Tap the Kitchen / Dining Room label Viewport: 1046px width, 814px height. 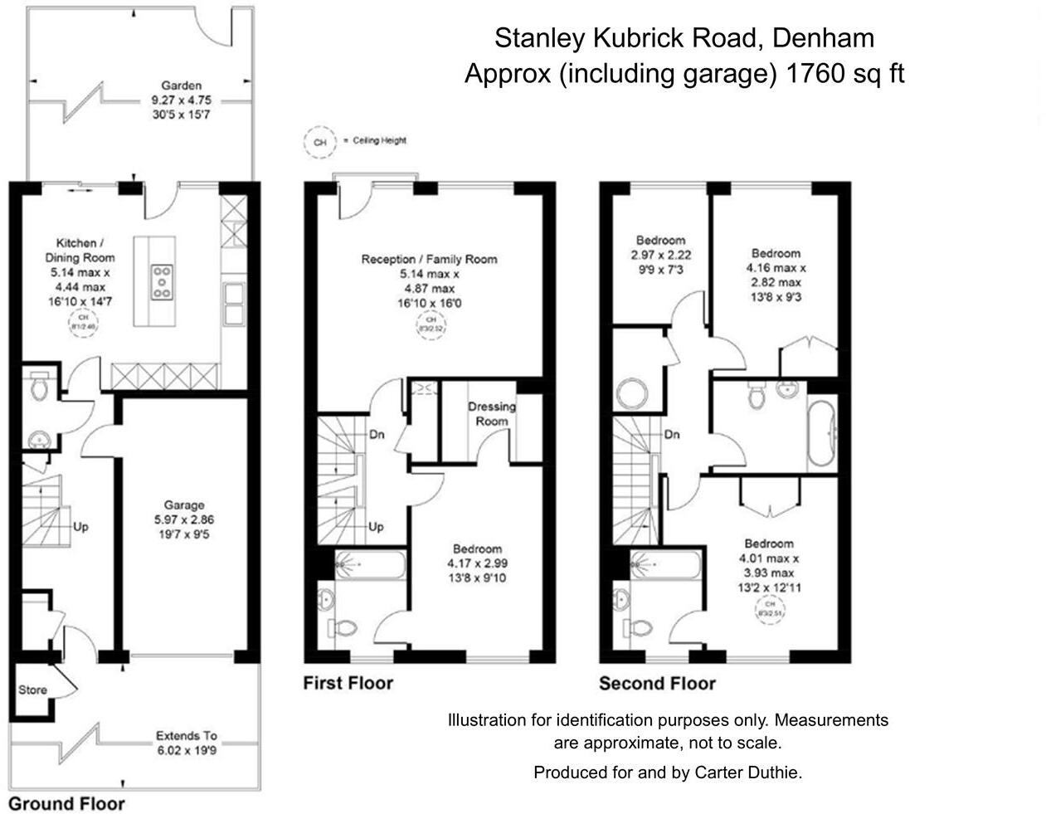coord(80,272)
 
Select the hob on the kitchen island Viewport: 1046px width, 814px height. coord(161,281)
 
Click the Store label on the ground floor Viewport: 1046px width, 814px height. coord(32,690)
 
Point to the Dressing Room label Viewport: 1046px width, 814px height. coord(491,413)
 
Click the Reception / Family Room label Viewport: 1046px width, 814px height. coord(429,280)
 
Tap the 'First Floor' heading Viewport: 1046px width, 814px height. coord(348,683)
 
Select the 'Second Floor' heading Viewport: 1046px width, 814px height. coord(657,684)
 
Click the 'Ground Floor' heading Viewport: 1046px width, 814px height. coord(66,803)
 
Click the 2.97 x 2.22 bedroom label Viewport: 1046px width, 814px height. coord(660,255)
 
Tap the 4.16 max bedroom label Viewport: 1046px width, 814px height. coord(776,275)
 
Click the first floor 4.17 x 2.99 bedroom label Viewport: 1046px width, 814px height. coord(477,563)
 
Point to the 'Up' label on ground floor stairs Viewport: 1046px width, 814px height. coord(80,526)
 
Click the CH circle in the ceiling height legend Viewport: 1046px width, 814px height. coord(319,142)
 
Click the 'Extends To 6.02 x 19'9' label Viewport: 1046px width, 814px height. coord(186,743)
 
